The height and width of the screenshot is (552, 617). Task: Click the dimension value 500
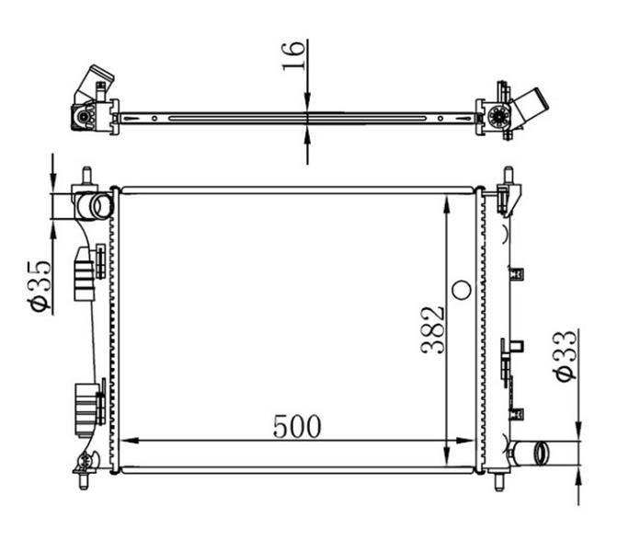tap(297, 426)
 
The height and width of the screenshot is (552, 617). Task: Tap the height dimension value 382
tap(433, 330)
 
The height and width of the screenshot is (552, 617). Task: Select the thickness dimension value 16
tap(293, 55)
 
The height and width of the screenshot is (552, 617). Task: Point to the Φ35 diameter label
tap(40, 286)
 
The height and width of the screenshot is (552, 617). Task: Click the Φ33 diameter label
tap(566, 356)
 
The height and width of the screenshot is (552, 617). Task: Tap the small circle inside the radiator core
tap(462, 290)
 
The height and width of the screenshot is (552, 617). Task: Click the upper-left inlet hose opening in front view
tap(102, 206)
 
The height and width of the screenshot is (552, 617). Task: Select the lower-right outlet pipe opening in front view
tap(541, 453)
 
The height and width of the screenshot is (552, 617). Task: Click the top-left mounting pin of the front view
tap(86, 176)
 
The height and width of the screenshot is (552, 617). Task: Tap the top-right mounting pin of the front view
tap(508, 176)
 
